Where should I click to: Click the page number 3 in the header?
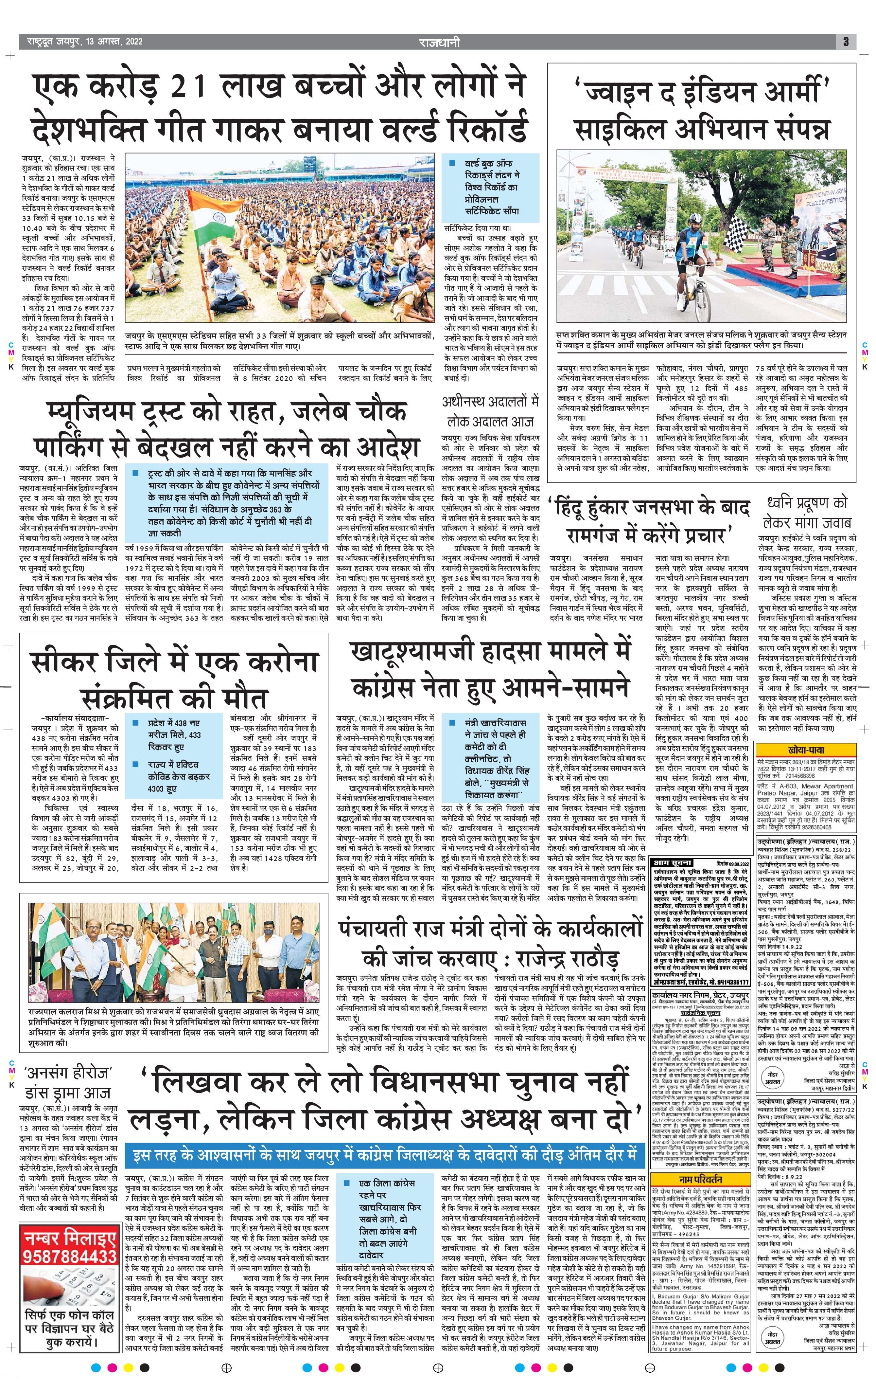pos(845,42)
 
